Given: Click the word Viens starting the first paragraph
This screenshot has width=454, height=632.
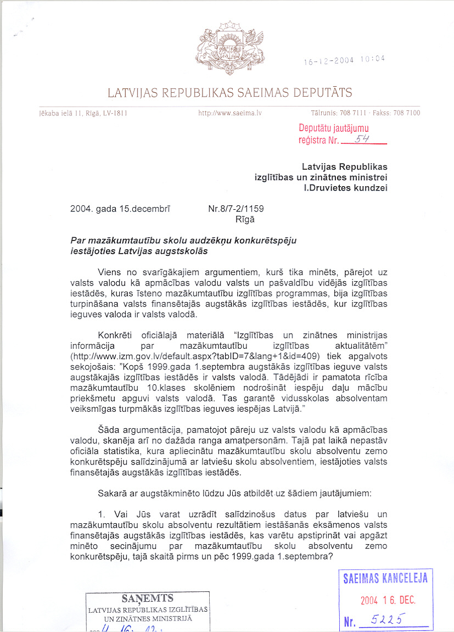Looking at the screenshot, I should coord(110,272).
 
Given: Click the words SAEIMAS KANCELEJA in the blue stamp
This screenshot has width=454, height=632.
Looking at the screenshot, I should coord(385,578).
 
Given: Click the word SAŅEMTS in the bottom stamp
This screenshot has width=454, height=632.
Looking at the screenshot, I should coord(148,599).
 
